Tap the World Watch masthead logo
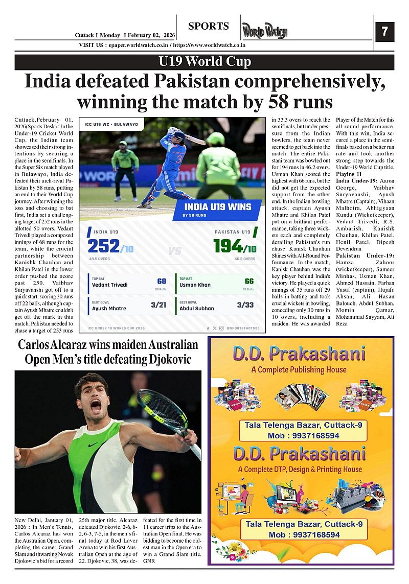(x=265, y=31)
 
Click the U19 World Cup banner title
(x=204, y=62)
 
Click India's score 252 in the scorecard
(x=104, y=247)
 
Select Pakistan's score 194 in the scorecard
(x=228, y=247)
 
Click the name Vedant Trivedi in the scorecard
(x=110, y=285)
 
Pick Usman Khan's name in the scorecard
(x=195, y=285)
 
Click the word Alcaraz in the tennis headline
(x=65, y=345)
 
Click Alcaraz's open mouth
(x=95, y=407)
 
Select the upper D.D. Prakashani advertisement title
(x=299, y=354)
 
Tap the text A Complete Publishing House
(x=299, y=369)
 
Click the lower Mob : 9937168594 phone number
(x=304, y=535)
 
